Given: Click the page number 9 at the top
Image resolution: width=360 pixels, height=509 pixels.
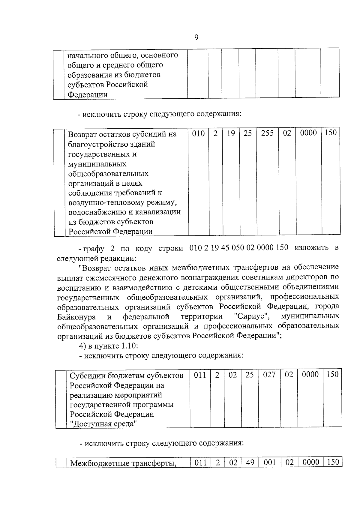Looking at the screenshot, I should point(196,37).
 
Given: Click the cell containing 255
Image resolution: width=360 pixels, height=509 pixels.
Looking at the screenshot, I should point(267,133).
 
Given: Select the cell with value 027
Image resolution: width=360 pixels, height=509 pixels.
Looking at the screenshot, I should point(269,375).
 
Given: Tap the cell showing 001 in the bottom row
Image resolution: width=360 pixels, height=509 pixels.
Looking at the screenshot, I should point(270,462).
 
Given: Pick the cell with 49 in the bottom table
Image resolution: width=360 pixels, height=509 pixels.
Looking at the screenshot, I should point(250,462).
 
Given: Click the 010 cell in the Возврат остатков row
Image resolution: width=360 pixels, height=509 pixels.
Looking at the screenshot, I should point(198,133).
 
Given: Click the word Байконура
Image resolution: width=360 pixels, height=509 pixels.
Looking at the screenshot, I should point(76,317).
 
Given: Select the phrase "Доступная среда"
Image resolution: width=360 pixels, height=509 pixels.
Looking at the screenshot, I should point(103,424).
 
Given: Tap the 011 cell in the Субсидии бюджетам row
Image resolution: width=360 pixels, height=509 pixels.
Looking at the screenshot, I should point(200,375).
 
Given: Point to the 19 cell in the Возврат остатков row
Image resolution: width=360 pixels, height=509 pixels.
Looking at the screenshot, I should point(231,133).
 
